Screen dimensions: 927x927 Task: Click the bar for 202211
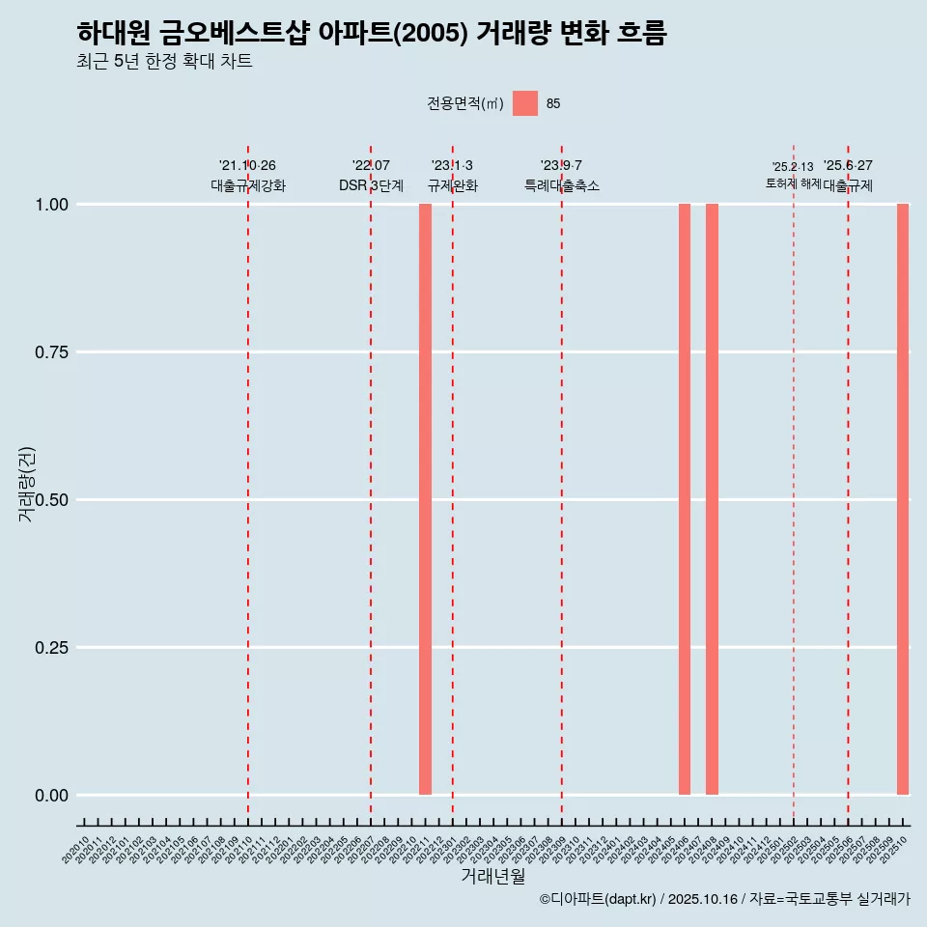pyautogui.click(x=425, y=499)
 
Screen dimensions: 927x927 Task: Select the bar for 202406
pyautogui.click(x=685, y=499)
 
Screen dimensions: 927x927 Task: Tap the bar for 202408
pyautogui.click(x=712, y=499)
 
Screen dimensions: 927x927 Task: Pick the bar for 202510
pyautogui.click(x=903, y=499)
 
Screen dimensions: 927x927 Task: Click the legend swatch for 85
pyautogui.click(x=525, y=103)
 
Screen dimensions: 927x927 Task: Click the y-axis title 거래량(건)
pyautogui.click(x=26, y=484)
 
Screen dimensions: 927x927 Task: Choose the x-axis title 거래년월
pyautogui.click(x=492, y=877)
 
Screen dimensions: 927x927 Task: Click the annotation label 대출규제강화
pyautogui.click(x=248, y=186)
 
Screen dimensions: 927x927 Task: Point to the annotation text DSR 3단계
pyautogui.click(x=371, y=186)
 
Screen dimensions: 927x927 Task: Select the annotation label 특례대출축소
pyautogui.click(x=562, y=186)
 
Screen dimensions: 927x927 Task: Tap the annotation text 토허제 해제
pyautogui.click(x=793, y=183)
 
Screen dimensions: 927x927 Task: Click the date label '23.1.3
pyautogui.click(x=452, y=166)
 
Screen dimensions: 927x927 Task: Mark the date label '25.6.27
pyautogui.click(x=848, y=166)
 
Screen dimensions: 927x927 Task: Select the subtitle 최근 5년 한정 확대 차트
pyautogui.click(x=163, y=62)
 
